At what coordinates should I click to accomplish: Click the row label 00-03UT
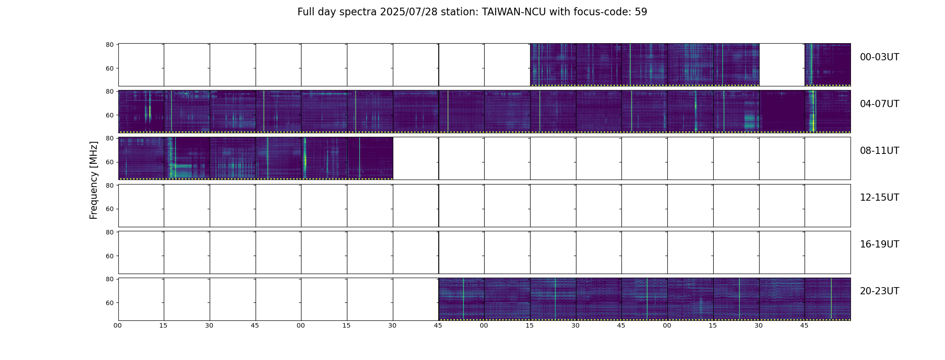click(879, 57)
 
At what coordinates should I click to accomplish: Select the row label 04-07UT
click(879, 104)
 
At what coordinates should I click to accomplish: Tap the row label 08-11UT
click(879, 151)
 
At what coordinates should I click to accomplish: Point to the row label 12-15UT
click(879, 198)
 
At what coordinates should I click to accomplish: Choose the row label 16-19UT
click(879, 244)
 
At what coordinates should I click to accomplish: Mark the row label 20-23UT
click(879, 291)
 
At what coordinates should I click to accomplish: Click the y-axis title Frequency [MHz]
click(94, 180)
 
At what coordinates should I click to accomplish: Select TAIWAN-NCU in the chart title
click(514, 12)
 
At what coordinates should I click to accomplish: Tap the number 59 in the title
click(641, 12)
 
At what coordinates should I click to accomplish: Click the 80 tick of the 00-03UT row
click(109, 45)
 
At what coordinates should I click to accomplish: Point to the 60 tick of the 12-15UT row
click(109, 209)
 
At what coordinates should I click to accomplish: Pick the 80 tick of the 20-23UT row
click(109, 279)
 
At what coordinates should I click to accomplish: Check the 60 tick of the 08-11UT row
click(109, 162)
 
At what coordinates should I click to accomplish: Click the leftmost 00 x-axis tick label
click(118, 325)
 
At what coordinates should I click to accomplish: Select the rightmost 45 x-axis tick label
click(804, 325)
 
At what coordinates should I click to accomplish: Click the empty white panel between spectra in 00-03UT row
click(782, 65)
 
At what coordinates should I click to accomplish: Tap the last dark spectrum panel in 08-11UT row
click(370, 158)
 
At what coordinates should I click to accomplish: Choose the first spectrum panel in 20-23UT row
click(461, 299)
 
